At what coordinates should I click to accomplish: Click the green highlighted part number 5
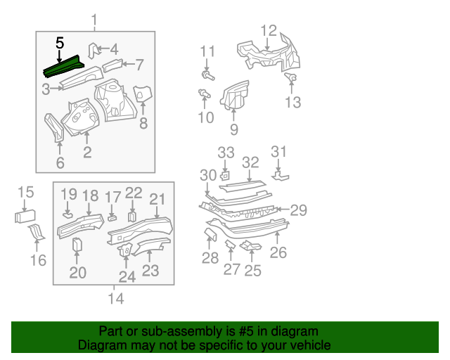tap(63, 69)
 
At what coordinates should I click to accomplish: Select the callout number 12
tap(269, 30)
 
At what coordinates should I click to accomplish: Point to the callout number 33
tap(226, 153)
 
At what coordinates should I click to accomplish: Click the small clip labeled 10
tap(205, 94)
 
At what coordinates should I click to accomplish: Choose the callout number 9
tap(233, 129)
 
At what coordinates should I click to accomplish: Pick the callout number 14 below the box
tap(115, 299)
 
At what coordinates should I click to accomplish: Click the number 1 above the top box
tap(95, 18)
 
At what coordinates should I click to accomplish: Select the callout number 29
tap(299, 210)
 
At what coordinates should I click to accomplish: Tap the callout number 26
tap(278, 252)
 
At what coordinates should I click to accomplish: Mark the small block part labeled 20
tap(77, 245)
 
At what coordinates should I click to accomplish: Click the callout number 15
tap(25, 192)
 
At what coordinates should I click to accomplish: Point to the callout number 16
tap(38, 260)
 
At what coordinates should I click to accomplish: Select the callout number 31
tap(280, 152)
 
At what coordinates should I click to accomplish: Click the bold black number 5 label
tap(60, 43)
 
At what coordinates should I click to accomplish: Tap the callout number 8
tap(143, 124)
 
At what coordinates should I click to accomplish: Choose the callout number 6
tap(60, 164)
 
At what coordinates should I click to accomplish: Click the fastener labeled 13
tap(292, 77)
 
